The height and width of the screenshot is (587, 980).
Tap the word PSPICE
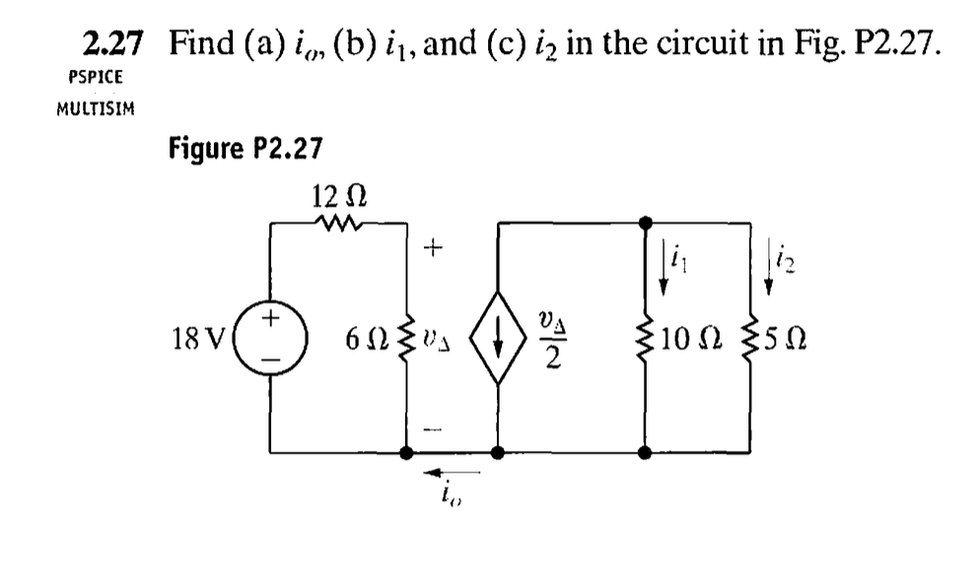pyautogui.click(x=96, y=76)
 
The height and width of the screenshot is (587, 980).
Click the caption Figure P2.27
pyautogui.click(x=245, y=149)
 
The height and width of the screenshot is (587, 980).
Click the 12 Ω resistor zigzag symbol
pyautogui.click(x=338, y=224)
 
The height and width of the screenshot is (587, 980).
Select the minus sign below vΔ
pyautogui.click(x=429, y=428)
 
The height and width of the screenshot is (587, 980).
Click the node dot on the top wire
pyautogui.click(x=645, y=223)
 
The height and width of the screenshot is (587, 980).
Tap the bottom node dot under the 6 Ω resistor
pyautogui.click(x=406, y=453)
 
